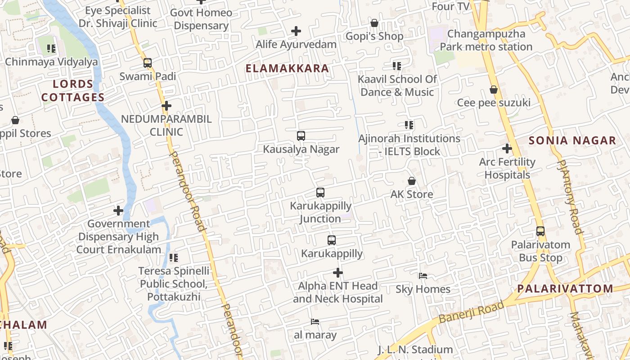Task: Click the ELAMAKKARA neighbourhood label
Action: point(287,68)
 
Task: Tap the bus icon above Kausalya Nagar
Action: point(301,135)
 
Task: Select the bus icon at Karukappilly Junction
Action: point(320,193)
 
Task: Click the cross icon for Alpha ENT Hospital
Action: point(337,273)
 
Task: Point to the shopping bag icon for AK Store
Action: point(412,181)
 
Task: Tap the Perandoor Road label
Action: point(188,191)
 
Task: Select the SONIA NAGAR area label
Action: point(572,140)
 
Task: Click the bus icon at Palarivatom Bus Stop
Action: point(540,231)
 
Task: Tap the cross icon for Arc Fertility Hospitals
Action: point(507,148)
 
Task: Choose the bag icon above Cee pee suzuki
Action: point(494,90)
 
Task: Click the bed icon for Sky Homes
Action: point(423,276)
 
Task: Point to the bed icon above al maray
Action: point(315,322)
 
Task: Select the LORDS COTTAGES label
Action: point(73,90)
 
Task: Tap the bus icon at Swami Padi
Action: point(148,63)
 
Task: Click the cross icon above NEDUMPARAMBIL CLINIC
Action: point(166,106)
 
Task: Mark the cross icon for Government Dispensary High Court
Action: point(118,210)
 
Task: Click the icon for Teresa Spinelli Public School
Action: point(174,258)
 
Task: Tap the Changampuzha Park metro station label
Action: point(486,40)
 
